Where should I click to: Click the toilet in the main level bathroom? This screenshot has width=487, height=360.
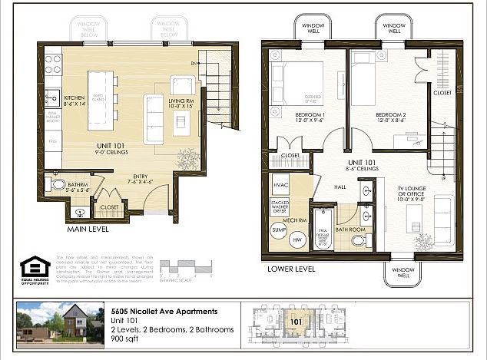(58, 185)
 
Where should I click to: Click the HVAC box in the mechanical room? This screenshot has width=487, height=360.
(280, 186)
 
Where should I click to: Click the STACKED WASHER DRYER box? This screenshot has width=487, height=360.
(280, 207)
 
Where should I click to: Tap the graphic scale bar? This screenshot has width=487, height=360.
(193, 269)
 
